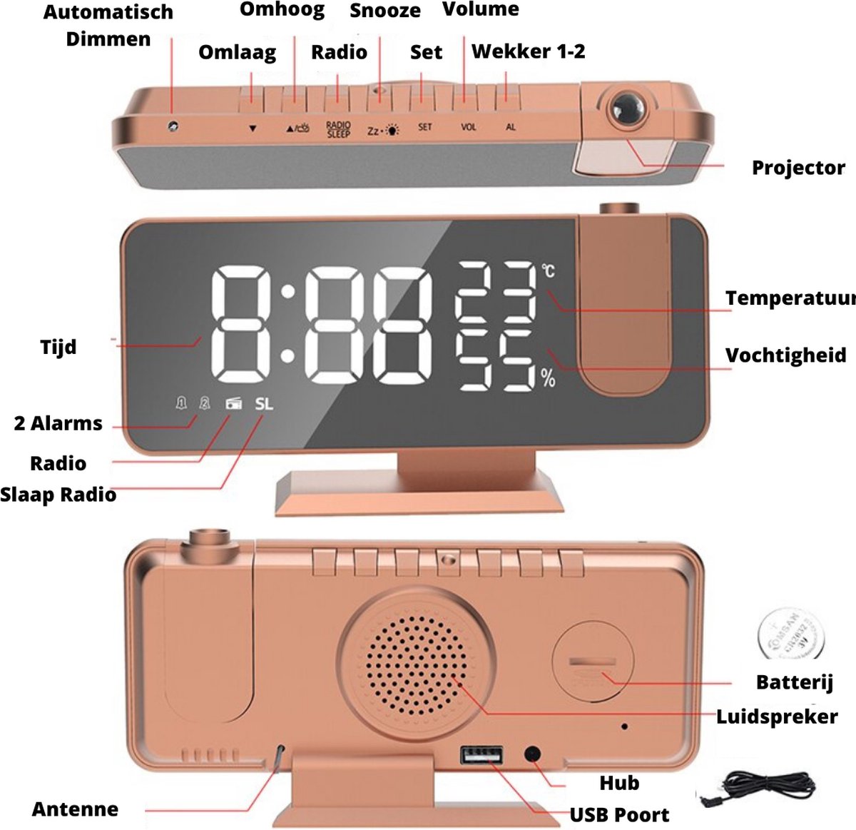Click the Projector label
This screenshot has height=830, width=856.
[x=798, y=168]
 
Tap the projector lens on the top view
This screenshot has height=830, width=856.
[x=626, y=109]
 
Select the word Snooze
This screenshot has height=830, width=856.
[x=384, y=11]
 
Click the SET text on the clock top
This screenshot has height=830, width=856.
[x=424, y=127]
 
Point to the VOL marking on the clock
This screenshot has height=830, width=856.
[x=468, y=127]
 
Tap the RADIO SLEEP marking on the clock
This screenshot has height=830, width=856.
[x=338, y=129]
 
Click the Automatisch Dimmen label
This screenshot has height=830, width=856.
[x=108, y=25]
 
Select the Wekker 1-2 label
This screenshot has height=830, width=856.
[x=528, y=51]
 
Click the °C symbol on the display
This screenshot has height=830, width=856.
[x=548, y=271]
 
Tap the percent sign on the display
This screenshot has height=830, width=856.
[x=548, y=378]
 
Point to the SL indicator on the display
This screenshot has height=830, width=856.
[x=264, y=403]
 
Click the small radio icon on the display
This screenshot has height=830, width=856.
[x=234, y=404]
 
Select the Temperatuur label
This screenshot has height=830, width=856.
[x=789, y=298]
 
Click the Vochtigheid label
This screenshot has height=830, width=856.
[x=785, y=355]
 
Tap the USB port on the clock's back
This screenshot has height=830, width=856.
[x=481, y=756]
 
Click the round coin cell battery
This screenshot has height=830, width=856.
[x=790, y=633]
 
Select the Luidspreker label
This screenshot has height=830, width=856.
[x=777, y=716]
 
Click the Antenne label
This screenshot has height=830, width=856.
[x=75, y=809]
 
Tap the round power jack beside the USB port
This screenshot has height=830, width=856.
[x=532, y=754]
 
